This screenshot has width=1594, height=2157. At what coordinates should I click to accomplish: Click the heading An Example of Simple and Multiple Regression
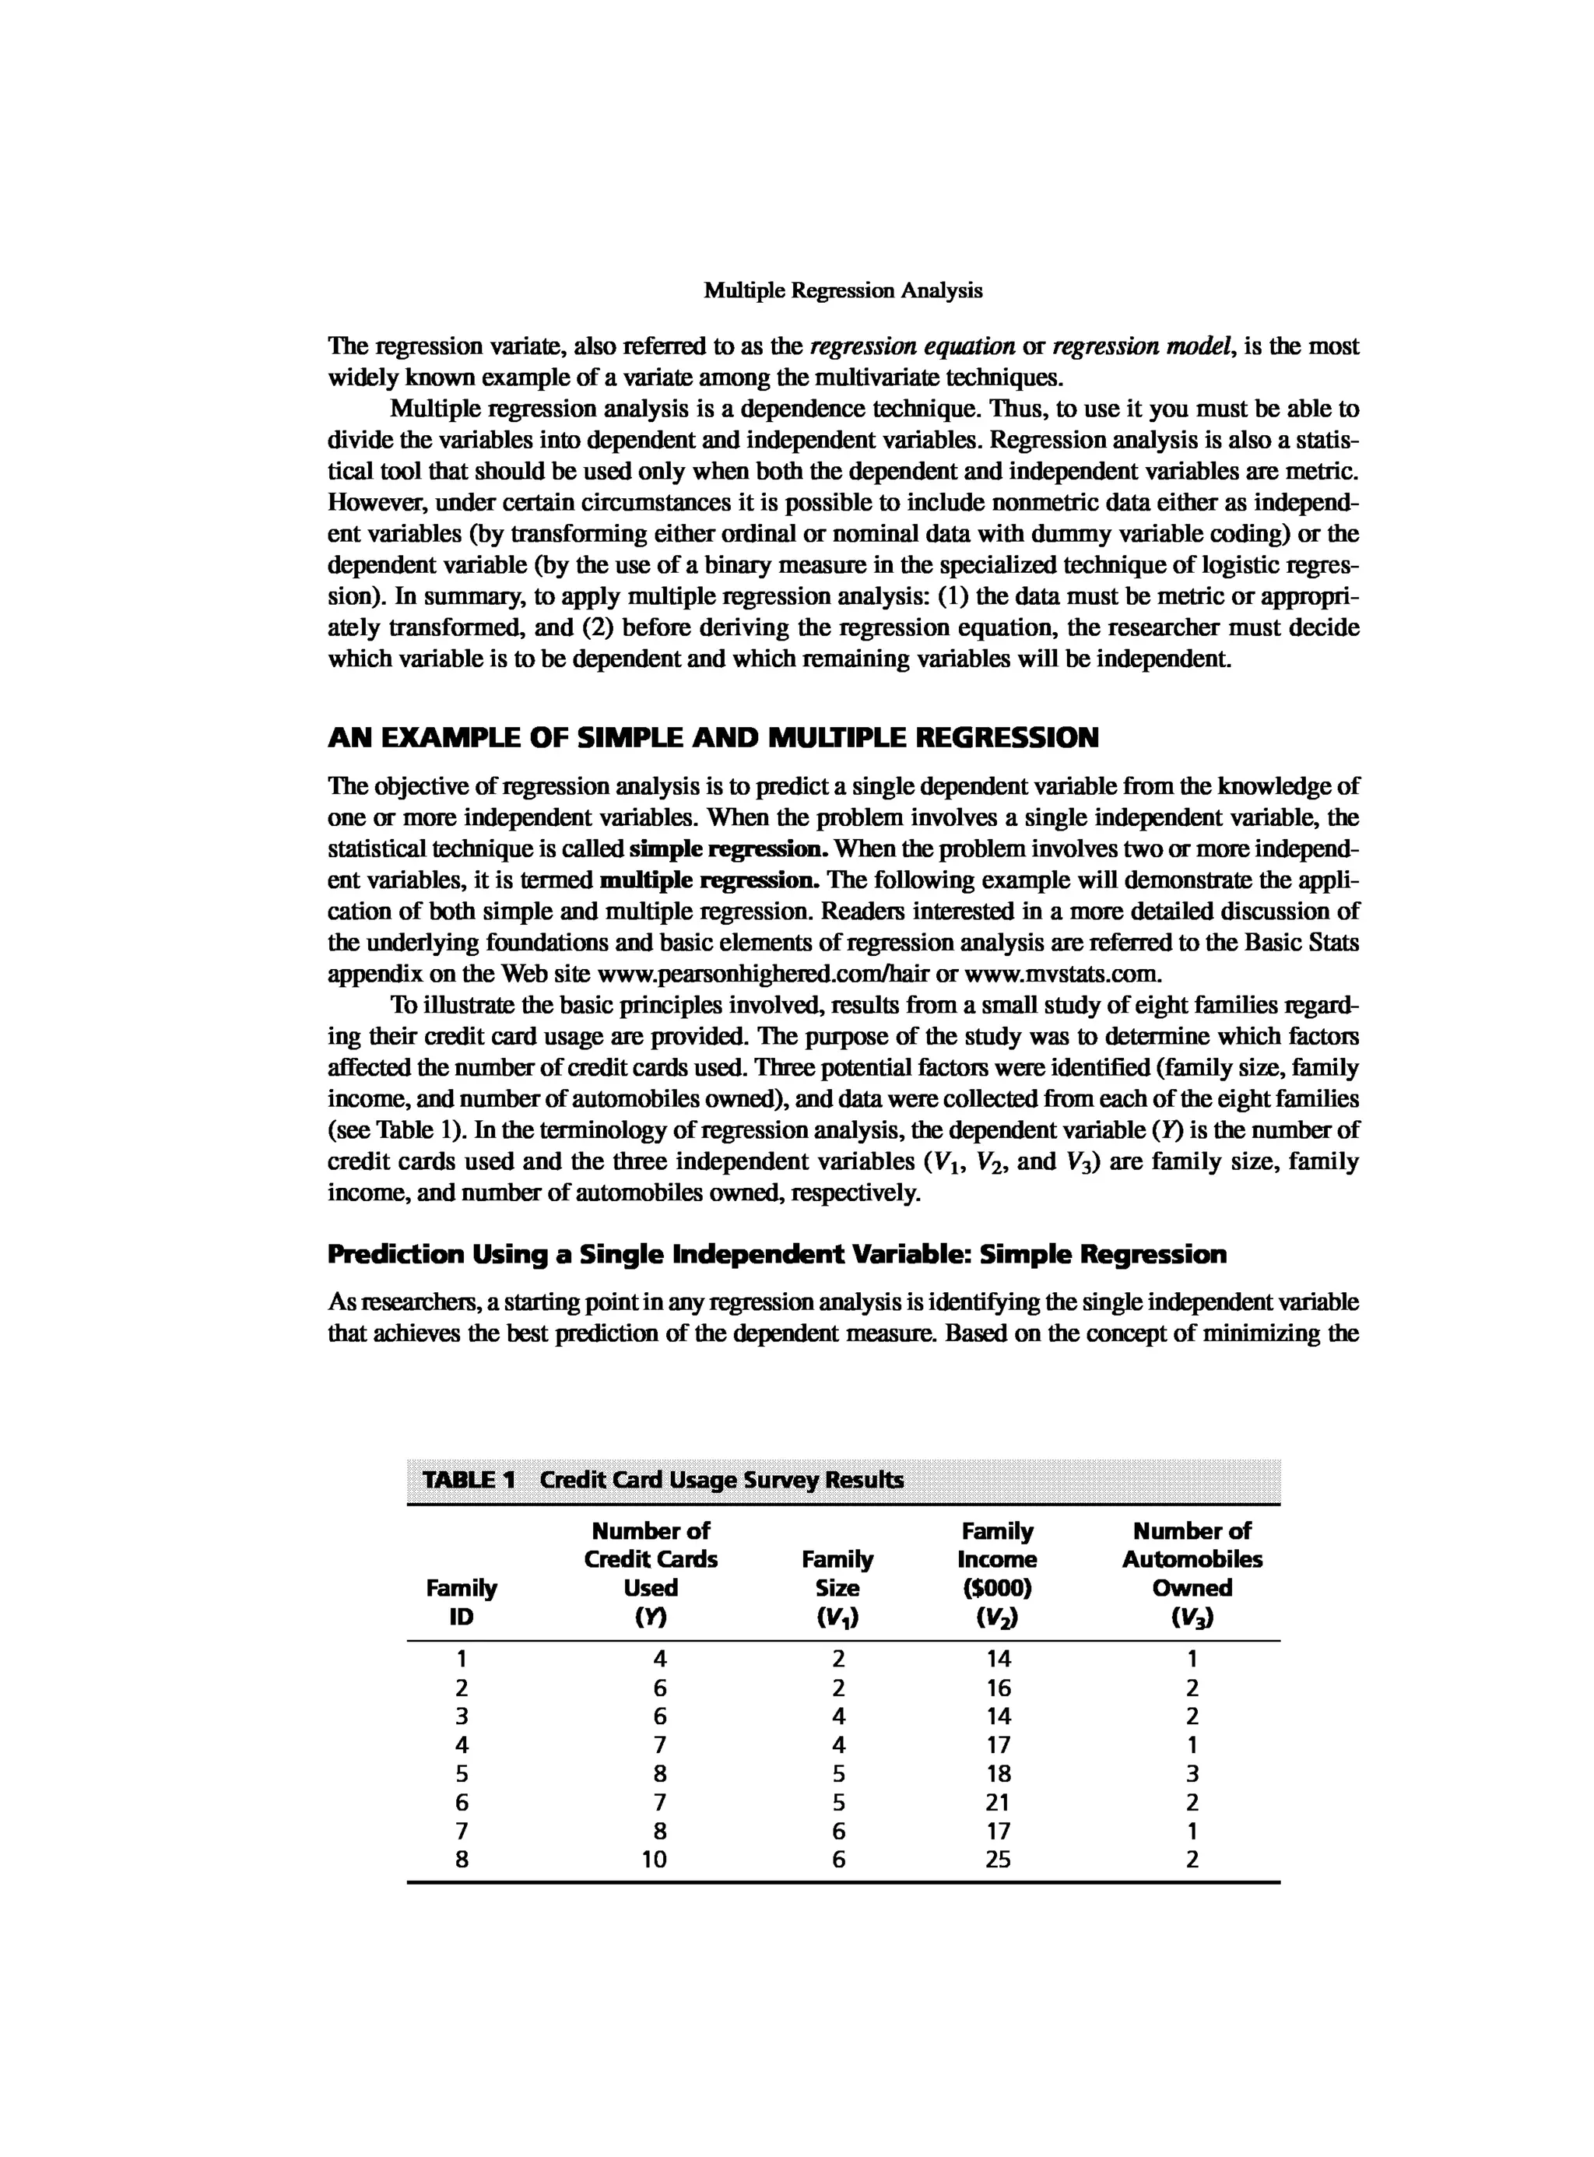click(713, 738)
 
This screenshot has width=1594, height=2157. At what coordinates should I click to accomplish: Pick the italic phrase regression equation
click(914, 346)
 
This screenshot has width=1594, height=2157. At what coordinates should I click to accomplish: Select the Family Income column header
click(998, 1573)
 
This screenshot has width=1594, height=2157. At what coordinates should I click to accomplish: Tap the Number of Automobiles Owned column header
click(1192, 1573)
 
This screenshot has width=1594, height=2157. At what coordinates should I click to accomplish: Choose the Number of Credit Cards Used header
click(651, 1573)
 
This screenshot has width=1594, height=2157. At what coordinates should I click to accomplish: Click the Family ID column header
click(462, 1602)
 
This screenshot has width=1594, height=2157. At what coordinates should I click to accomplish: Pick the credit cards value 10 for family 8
click(655, 1860)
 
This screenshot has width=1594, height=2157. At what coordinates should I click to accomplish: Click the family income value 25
click(999, 1860)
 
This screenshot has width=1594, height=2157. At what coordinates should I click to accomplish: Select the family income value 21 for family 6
click(999, 1802)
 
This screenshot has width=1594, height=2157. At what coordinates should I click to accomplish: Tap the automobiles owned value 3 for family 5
click(1192, 1774)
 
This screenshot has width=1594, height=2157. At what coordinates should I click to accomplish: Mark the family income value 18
click(999, 1774)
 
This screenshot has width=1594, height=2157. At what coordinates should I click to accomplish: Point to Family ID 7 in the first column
click(462, 1831)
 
